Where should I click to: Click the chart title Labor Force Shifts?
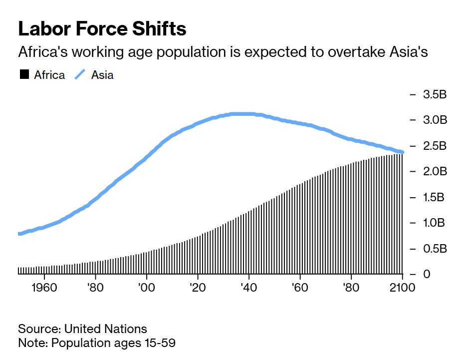(x=102, y=29)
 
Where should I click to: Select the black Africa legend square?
(x=24, y=75)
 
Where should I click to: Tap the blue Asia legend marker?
(x=80, y=75)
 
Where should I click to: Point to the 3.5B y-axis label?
(x=435, y=94)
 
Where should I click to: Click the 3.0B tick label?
(x=435, y=120)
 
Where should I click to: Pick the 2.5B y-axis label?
(x=435, y=146)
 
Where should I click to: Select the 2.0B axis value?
(x=435, y=171)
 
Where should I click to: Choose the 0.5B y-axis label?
(x=434, y=249)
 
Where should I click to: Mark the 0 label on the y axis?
(x=427, y=274)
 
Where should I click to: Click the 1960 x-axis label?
(x=44, y=288)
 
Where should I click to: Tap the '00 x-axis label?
(x=146, y=288)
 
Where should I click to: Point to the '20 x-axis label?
(x=198, y=288)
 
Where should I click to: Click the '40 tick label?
(x=248, y=288)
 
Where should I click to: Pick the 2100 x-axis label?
(x=402, y=288)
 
